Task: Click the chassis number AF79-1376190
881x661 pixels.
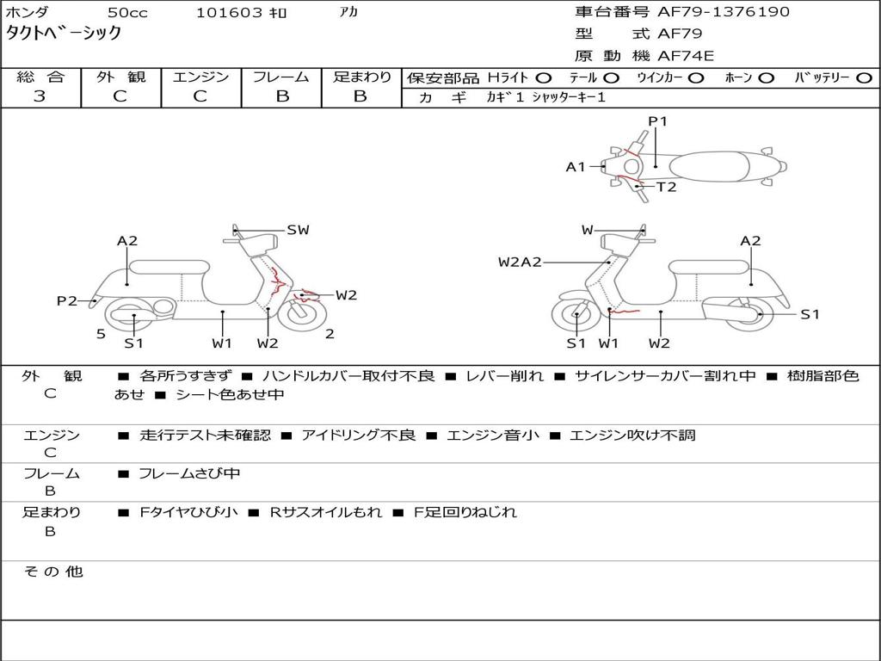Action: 712,12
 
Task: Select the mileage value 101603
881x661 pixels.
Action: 229,13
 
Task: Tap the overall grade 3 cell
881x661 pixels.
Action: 40,96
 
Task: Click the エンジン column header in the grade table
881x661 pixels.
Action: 200,77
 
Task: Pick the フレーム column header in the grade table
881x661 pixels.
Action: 280,77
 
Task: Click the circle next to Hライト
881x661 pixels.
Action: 544,77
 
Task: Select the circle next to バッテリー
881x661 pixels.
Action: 864,77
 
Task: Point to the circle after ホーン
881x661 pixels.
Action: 766,77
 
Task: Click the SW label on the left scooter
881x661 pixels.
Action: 298,230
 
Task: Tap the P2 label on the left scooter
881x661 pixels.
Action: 67,300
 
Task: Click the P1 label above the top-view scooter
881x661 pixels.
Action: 658,121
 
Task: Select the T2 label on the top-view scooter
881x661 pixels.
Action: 667,187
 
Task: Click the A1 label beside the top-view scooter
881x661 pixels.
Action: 575,167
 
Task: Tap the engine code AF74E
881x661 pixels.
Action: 686,56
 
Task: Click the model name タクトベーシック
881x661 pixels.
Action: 64,34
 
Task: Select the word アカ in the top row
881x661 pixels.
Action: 348,12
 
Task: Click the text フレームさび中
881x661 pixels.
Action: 189,473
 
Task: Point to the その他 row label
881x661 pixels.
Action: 52,571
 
